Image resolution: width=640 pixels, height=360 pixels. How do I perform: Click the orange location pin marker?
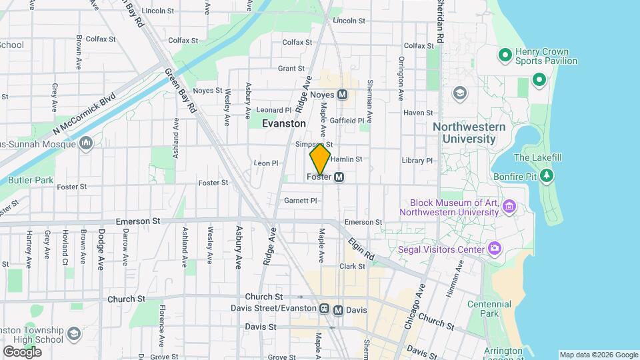pyautogui.click(x=321, y=159)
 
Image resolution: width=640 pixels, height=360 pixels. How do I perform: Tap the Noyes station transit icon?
pyautogui.click(x=343, y=95)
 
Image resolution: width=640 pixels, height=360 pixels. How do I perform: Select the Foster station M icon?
pyautogui.click(x=339, y=177)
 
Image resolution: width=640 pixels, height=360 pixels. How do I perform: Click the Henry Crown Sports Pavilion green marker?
pyautogui.click(x=505, y=55)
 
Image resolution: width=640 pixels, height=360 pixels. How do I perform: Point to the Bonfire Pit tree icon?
pyautogui.click(x=547, y=175)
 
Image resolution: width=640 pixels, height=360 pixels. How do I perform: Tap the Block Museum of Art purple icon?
pyautogui.click(x=510, y=207)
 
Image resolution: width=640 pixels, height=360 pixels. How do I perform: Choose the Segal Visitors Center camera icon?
pyautogui.click(x=495, y=249)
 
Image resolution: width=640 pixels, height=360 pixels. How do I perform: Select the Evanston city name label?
pyautogui.click(x=284, y=123)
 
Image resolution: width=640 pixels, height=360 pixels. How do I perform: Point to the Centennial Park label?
pyautogui.click(x=508, y=309)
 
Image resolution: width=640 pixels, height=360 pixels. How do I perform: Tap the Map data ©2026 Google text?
pyautogui.click(x=599, y=355)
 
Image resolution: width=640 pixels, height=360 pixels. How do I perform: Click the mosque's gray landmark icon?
pyautogui.click(x=87, y=143)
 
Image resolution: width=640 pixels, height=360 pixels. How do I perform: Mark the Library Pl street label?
pyautogui.click(x=417, y=161)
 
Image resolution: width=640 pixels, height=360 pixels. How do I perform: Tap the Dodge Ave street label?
pyautogui.click(x=101, y=246)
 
